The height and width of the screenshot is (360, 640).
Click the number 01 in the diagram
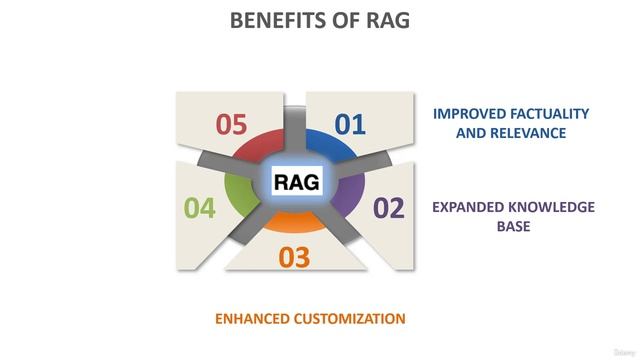[350, 125]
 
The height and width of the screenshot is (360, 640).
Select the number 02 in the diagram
[388, 209]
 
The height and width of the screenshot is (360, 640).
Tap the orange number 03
[294, 258]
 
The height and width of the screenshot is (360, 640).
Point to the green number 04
[200, 209]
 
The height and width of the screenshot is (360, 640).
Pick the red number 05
[231, 125]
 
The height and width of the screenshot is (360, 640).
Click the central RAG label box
[297, 182]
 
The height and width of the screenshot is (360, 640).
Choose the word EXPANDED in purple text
[469, 208]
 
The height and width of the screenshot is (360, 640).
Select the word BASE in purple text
[513, 226]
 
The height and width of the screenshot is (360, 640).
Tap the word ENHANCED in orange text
[253, 319]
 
